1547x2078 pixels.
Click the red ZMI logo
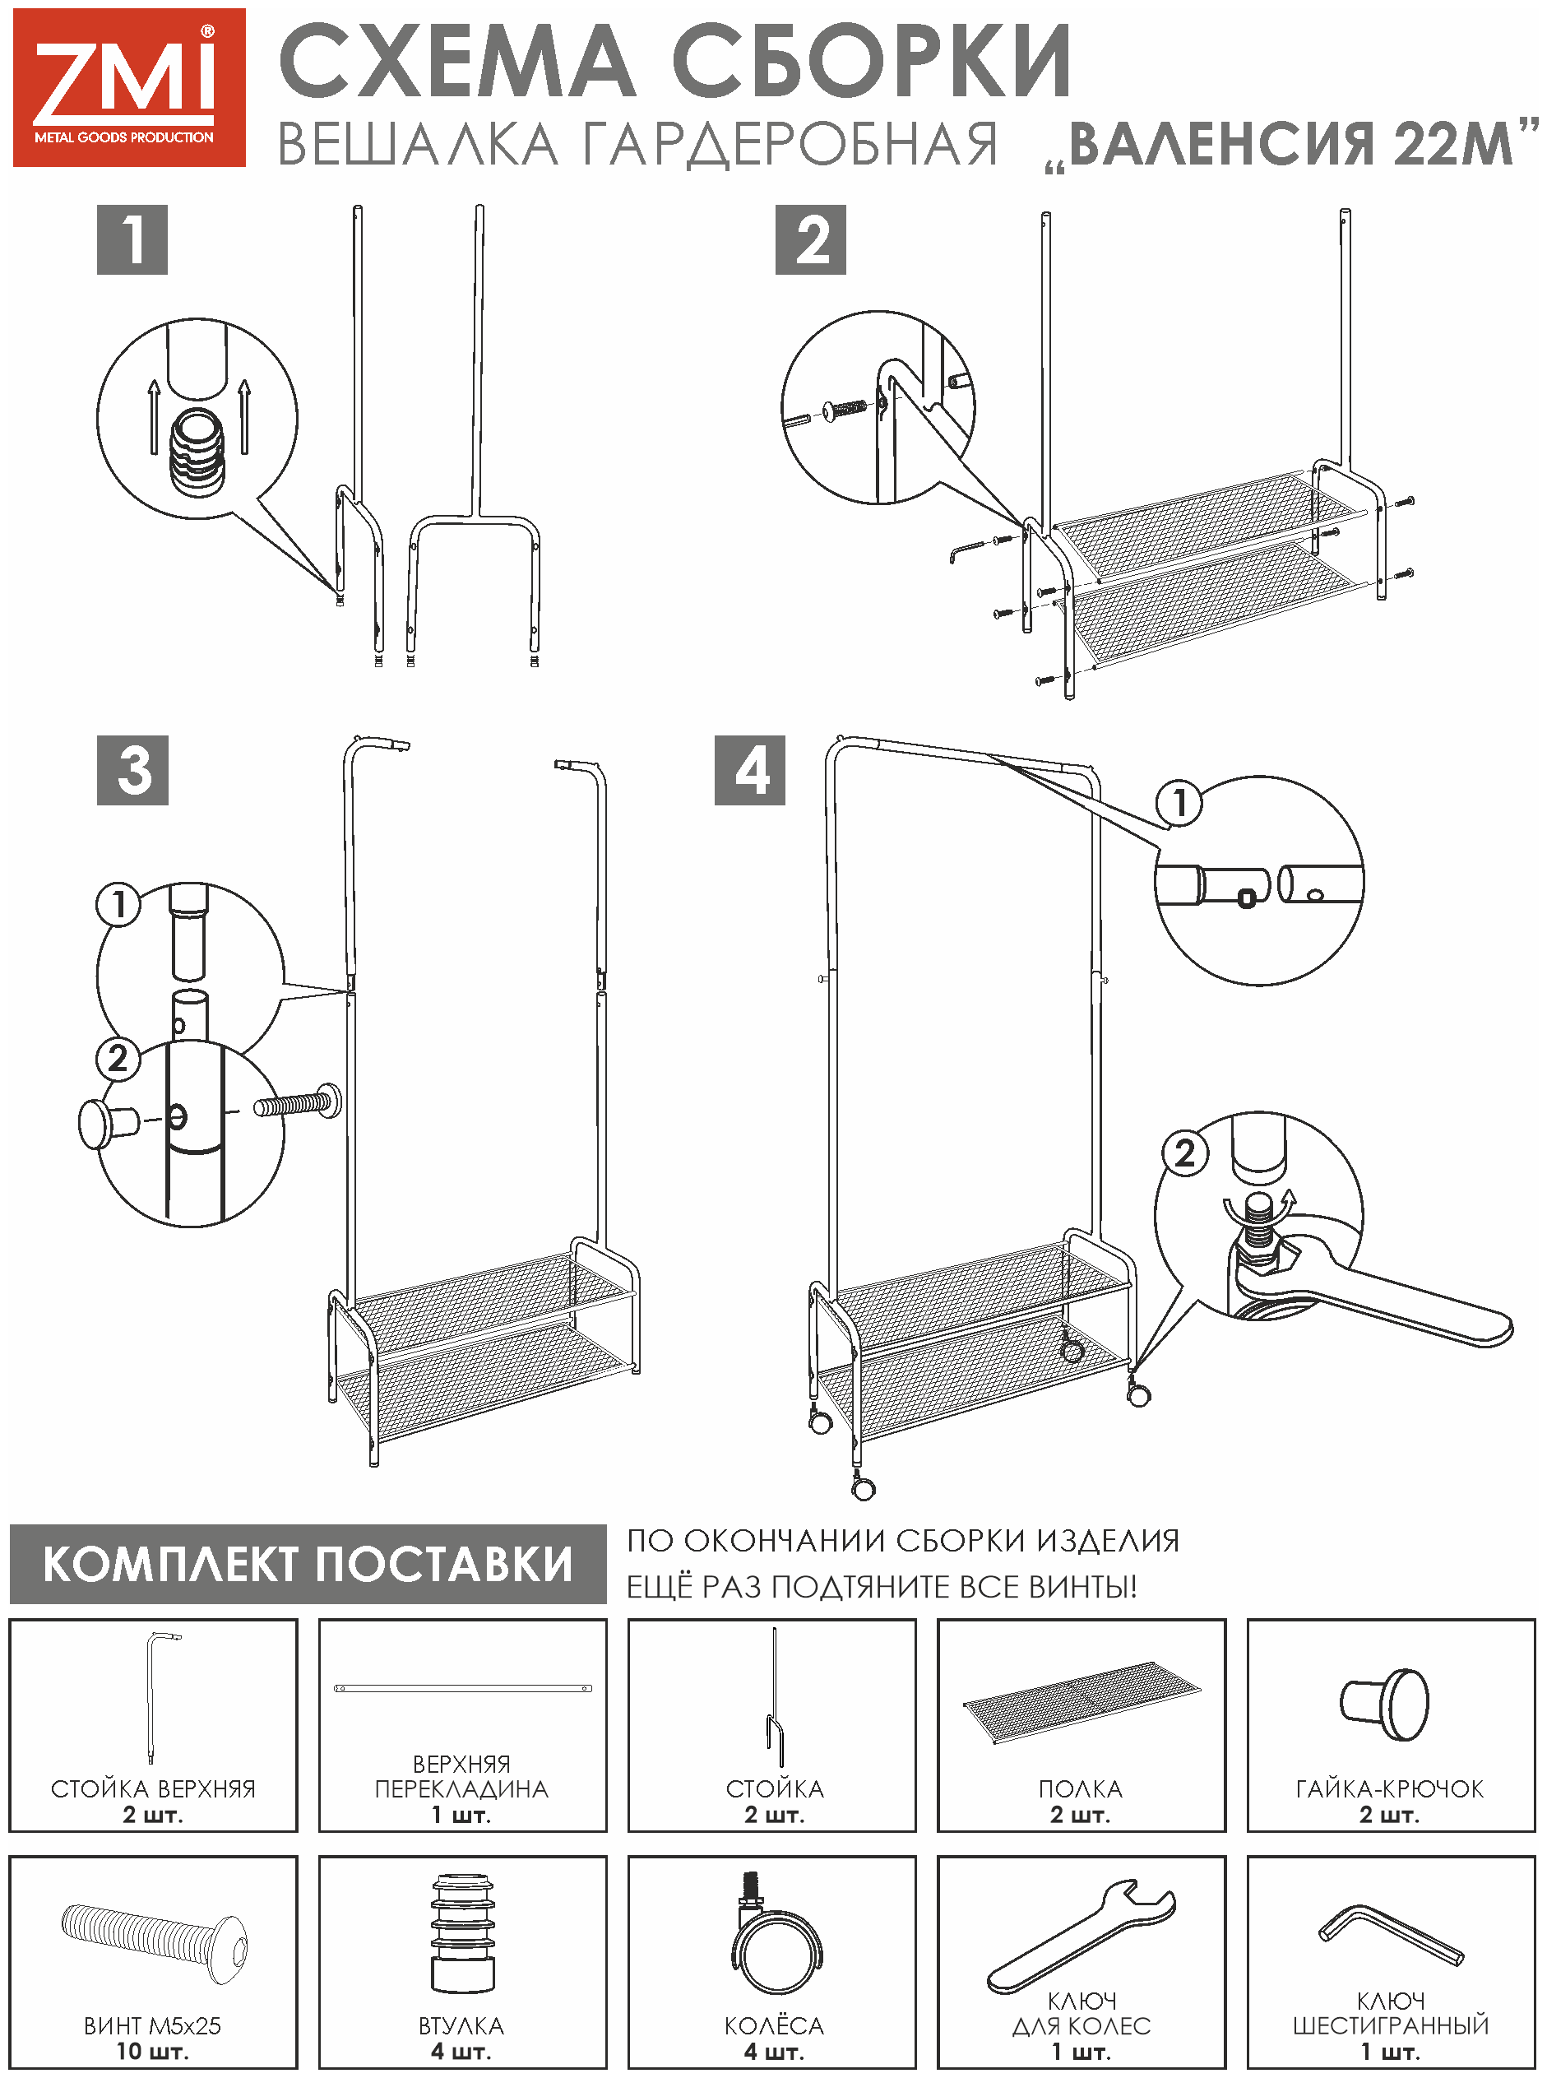[129, 88]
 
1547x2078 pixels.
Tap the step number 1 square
[132, 239]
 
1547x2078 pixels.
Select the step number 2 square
[810, 239]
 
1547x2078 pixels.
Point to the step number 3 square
[133, 770]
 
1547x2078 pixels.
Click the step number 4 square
[749, 770]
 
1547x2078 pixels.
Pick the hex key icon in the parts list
[1390, 1935]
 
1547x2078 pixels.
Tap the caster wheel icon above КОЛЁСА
[775, 1934]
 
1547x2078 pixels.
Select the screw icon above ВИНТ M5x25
[155, 1941]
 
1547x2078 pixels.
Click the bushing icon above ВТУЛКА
[462, 1931]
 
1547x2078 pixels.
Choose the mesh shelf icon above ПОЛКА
[1082, 1700]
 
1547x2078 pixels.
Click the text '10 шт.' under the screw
[153, 2051]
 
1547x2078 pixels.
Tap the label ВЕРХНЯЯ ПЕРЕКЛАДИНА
[461, 1776]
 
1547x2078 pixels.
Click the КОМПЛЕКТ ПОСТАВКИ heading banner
[308, 1564]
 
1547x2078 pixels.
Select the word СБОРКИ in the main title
[871, 62]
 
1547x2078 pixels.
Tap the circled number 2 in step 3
[118, 1058]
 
